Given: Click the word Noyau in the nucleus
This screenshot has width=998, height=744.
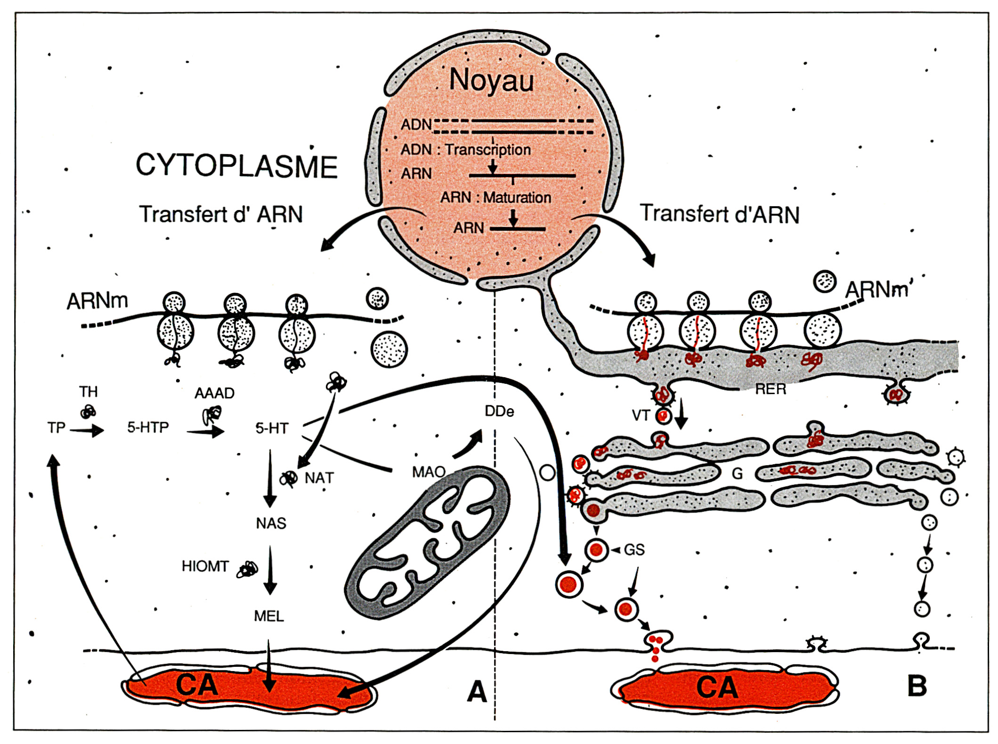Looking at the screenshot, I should [x=491, y=81].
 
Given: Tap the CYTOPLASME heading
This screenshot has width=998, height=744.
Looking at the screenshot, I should [x=236, y=166].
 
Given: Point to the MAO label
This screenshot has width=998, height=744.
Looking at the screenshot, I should [x=429, y=472].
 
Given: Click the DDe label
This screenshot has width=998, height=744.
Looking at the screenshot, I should [x=499, y=412].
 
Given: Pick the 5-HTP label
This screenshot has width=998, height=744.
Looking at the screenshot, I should [x=148, y=428].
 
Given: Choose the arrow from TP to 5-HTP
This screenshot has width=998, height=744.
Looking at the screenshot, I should [x=87, y=430].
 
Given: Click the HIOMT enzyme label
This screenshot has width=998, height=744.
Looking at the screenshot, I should [x=205, y=566].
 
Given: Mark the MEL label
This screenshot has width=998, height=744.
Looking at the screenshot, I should [x=268, y=616].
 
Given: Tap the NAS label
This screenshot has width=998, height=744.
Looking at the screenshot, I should [x=271, y=523].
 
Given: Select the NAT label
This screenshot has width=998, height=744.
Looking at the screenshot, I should [x=319, y=478].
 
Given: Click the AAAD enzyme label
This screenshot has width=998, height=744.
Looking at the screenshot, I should [x=214, y=393].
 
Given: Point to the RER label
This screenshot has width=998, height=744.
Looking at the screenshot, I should [x=771, y=389].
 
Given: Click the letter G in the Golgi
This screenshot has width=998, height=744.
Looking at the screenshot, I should [x=737, y=473].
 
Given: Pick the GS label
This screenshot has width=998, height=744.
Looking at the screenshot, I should [x=634, y=550].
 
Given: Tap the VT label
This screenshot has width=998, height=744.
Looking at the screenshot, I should [x=641, y=415].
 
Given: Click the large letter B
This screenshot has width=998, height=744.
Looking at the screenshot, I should [x=917, y=686].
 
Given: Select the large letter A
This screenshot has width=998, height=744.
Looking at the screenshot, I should [x=477, y=692].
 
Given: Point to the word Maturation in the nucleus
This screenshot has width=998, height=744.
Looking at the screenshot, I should [x=517, y=198].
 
